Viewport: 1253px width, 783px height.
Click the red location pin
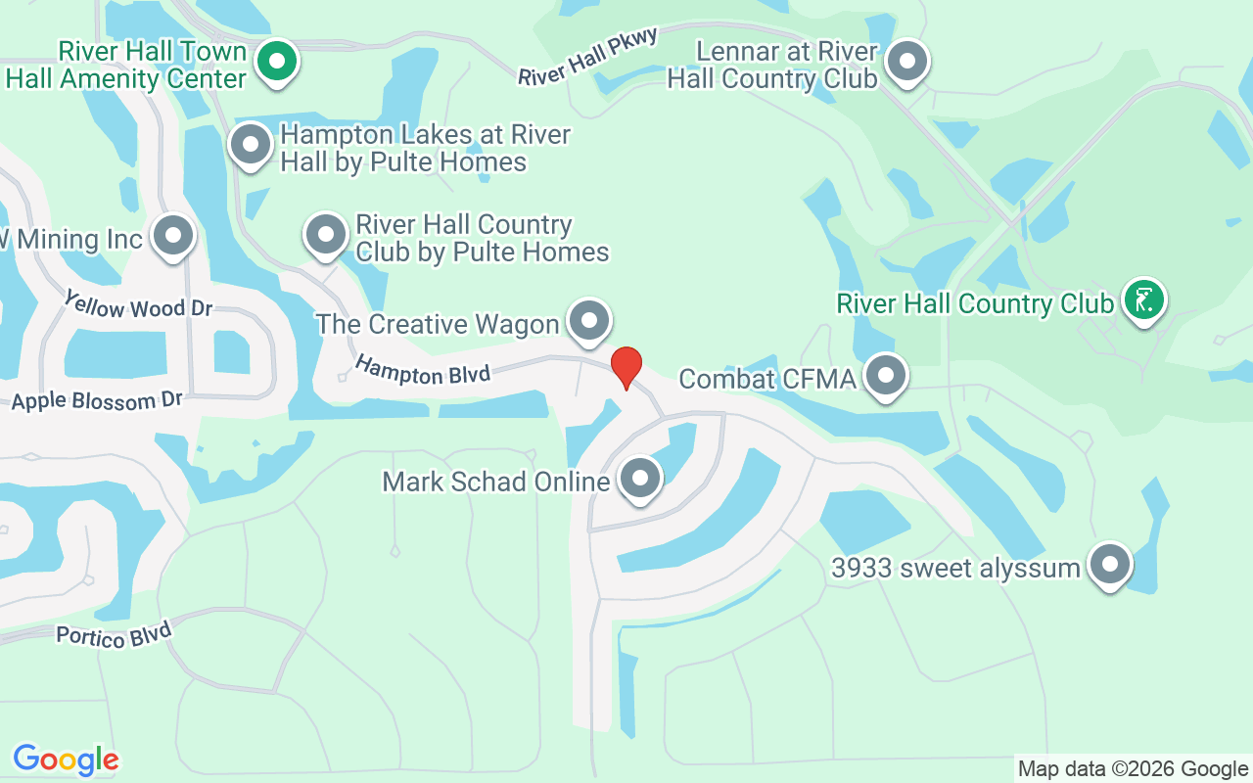coord(626,367)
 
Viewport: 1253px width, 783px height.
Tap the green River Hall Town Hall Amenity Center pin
coord(277,62)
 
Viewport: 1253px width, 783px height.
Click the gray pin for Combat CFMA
coord(886,375)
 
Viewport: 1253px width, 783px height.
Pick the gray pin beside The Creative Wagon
coord(589,320)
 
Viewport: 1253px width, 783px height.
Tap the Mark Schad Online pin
coord(641,478)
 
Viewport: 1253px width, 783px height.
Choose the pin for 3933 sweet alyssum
coord(1110,564)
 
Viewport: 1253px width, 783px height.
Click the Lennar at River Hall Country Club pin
coord(906,61)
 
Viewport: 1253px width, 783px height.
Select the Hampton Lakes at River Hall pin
coord(251,145)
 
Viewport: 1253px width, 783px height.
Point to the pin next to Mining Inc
coord(174,235)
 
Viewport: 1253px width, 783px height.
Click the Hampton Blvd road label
coord(422,370)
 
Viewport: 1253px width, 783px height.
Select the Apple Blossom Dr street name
coord(97,400)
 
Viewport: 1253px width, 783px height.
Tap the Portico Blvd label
coord(114,634)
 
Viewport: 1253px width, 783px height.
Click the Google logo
coord(66,760)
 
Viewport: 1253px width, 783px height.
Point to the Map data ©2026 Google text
coord(1132,769)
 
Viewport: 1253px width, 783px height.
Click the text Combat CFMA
coord(766,378)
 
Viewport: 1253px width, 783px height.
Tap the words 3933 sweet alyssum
coord(954,568)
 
